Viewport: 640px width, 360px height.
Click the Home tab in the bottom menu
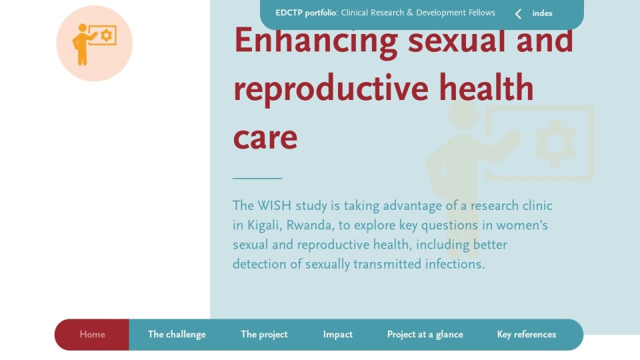(92, 334)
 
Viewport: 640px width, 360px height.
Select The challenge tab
(177, 334)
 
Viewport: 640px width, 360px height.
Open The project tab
(264, 334)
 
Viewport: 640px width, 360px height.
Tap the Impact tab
(337, 334)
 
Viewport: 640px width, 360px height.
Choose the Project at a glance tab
(425, 334)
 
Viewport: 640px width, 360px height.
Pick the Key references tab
(527, 334)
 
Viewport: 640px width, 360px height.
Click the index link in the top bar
(543, 13)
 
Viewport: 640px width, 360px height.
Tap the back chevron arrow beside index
(518, 14)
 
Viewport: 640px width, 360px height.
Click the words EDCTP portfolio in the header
(306, 13)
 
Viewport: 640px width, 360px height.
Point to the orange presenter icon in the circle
(94, 44)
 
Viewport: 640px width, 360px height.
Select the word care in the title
(265, 138)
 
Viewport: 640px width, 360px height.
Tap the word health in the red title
(486, 87)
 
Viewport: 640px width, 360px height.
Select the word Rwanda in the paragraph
(310, 225)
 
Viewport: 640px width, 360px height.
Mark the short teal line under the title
(257, 179)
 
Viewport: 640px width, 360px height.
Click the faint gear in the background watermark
(555, 143)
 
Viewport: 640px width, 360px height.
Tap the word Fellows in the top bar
(481, 13)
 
